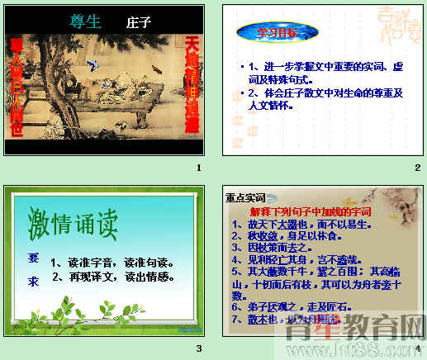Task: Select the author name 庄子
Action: point(140,22)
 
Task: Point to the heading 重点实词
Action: point(245,198)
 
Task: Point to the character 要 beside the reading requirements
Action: point(33,256)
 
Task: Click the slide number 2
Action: point(418,168)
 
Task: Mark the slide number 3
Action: point(198,348)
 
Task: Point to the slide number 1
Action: point(198,168)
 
